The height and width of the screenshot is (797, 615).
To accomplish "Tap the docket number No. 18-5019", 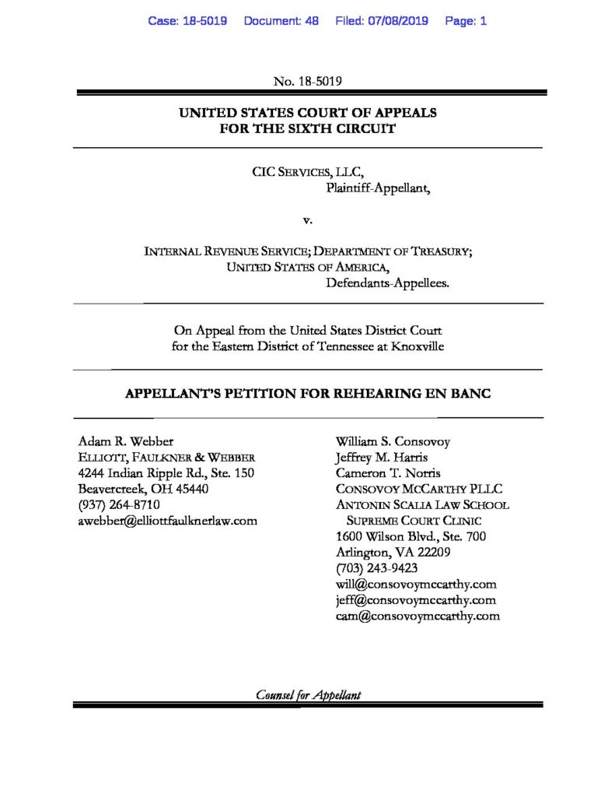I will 308,80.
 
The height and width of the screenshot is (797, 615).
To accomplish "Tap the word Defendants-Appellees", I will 387,284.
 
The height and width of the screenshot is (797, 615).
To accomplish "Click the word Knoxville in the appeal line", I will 416,346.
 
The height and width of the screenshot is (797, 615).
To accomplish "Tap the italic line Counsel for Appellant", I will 308,695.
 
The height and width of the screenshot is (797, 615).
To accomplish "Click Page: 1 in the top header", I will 466,21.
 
